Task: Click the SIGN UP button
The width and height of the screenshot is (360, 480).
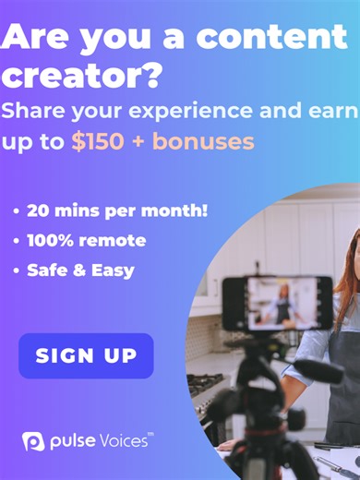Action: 86,355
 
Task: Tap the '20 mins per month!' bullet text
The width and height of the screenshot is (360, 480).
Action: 117,210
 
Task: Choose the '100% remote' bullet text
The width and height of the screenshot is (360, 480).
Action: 86,240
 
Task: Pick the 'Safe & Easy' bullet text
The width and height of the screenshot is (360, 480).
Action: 80,270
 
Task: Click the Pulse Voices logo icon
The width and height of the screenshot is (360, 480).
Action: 33,441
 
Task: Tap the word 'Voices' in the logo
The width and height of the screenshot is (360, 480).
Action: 122,441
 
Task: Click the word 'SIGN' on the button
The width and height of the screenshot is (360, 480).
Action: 61,355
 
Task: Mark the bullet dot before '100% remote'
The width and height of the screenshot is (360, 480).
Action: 18,241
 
